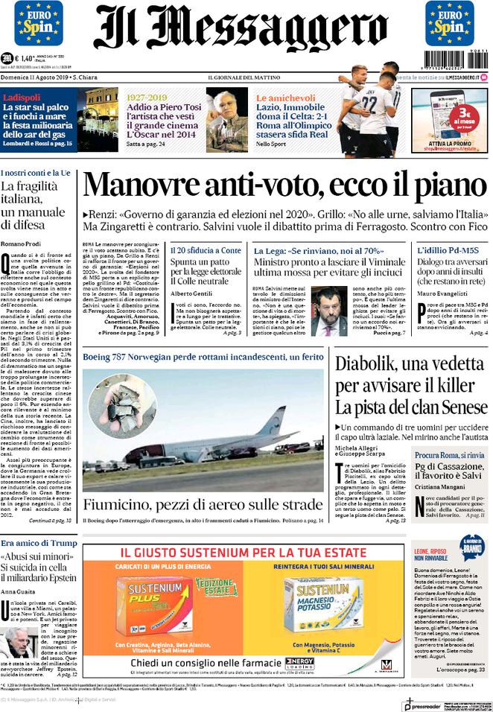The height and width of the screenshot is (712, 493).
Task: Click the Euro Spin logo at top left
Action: click(x=38, y=23)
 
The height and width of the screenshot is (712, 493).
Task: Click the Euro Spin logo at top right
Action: click(x=450, y=23)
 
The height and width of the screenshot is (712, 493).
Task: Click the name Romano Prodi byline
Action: click(x=20, y=244)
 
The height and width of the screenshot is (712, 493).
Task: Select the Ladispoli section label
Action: click(x=21, y=98)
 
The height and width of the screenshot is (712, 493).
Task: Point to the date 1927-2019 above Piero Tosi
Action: click(x=147, y=98)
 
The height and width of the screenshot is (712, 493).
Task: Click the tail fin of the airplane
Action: click(x=268, y=422)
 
